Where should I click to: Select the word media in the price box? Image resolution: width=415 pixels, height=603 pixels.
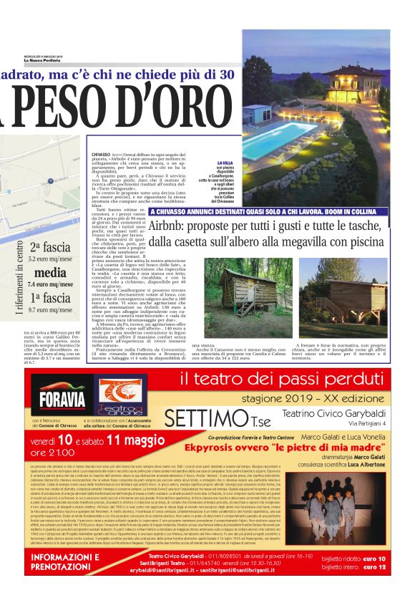coord(50,273)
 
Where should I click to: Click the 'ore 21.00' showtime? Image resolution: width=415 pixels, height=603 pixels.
coord(53,453)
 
